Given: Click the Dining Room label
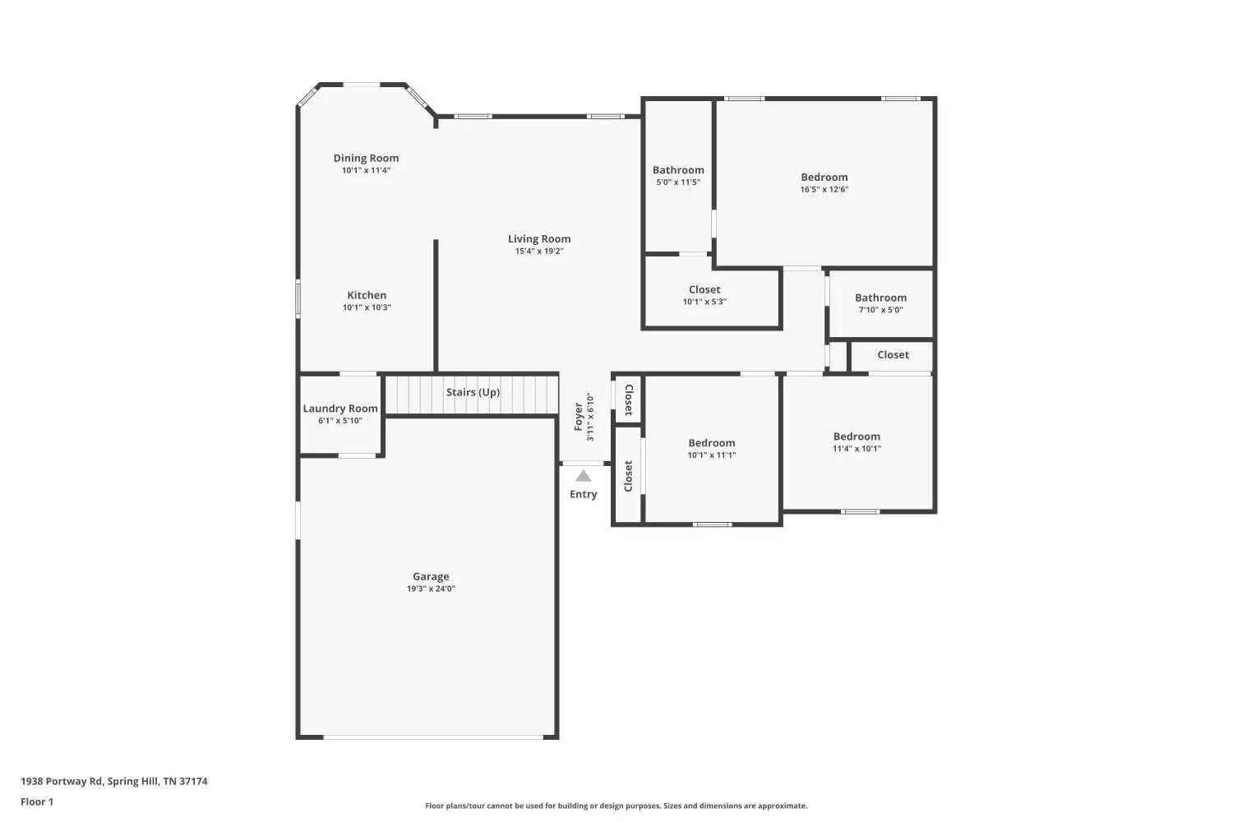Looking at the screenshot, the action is click(x=366, y=158).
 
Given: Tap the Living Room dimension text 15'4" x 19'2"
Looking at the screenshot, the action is click(x=539, y=251).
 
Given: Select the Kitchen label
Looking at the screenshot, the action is click(x=367, y=295).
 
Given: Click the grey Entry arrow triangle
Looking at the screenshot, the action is click(x=584, y=476).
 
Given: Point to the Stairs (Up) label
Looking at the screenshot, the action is click(x=473, y=392).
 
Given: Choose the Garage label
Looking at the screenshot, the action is click(x=431, y=576).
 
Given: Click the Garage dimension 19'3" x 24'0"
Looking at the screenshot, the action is click(x=431, y=589).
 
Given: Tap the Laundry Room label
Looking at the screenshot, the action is click(x=340, y=409).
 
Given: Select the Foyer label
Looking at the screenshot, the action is click(x=579, y=416).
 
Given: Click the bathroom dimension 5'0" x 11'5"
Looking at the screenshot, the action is click(x=678, y=182).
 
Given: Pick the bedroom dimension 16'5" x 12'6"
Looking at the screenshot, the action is click(x=824, y=189).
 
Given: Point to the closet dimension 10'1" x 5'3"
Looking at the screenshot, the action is click(x=704, y=302).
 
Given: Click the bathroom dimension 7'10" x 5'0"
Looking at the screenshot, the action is click(x=880, y=310).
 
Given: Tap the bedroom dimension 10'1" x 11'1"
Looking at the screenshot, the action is click(x=712, y=455).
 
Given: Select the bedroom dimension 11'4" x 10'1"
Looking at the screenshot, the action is click(x=857, y=449).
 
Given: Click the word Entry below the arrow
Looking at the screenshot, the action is click(x=584, y=494).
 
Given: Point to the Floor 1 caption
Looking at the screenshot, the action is click(x=37, y=801).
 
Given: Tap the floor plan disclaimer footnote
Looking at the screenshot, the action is click(x=616, y=806).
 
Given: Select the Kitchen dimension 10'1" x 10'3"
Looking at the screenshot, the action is click(x=367, y=307).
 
